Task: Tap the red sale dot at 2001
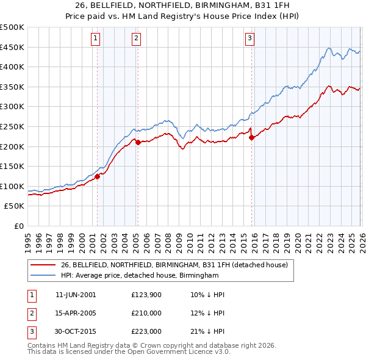(97, 176)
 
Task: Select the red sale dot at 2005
(138, 142)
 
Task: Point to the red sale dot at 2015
(251, 137)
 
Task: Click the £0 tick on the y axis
(19, 226)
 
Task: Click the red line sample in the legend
(43, 265)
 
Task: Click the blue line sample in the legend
(43, 275)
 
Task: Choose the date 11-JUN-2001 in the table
(75, 295)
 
